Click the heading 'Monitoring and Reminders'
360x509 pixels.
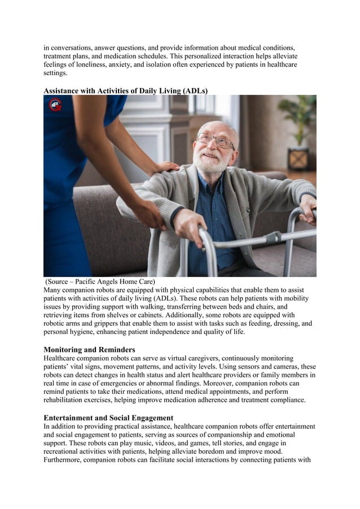89,350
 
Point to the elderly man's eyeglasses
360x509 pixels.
215,139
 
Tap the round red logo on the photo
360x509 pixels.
55,104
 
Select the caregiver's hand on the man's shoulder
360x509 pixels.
167,168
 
